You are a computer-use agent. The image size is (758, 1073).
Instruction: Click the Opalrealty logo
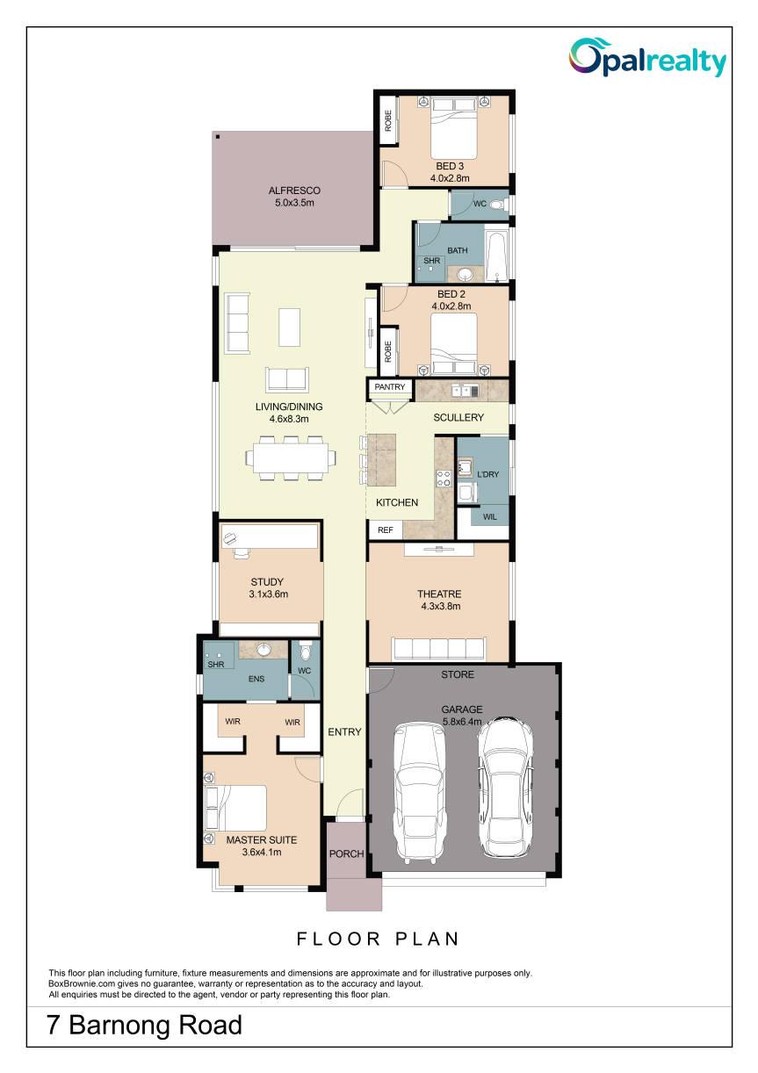pos(647,58)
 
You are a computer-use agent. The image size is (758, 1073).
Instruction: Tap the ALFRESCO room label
pos(294,191)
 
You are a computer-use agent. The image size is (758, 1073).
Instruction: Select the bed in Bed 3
pos(453,128)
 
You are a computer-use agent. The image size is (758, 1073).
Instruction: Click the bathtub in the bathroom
pos(497,256)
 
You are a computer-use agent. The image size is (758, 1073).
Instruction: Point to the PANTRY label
pos(390,387)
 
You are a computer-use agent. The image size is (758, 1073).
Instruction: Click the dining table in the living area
pos(291,457)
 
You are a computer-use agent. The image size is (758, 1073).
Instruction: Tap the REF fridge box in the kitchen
pos(386,530)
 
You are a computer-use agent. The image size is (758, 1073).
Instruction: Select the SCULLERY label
pos(458,418)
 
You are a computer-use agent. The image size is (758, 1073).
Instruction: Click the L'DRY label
pos(487,474)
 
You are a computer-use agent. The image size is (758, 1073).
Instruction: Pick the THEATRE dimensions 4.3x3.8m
pos(441,606)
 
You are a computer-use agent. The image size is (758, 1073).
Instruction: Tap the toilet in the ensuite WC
pos(304,652)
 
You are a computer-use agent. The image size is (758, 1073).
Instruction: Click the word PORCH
pos(346,853)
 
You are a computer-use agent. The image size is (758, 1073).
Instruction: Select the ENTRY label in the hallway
pos(344,732)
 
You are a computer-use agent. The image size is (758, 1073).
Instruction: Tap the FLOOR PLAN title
pos(378,939)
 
